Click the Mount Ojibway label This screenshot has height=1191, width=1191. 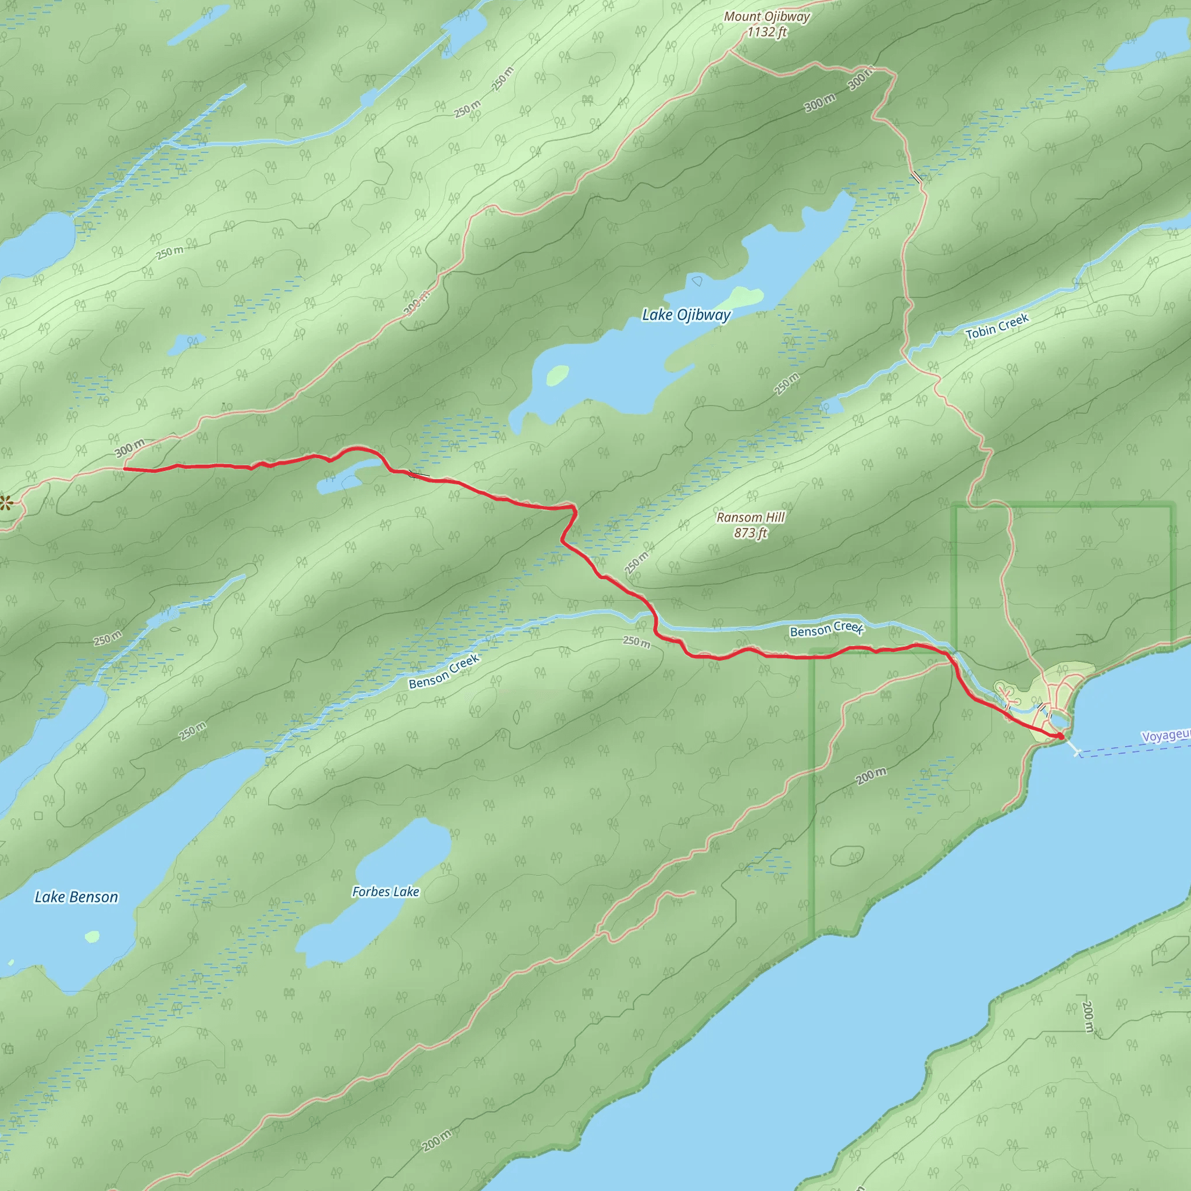click(x=766, y=17)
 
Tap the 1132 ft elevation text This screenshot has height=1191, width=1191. click(x=766, y=32)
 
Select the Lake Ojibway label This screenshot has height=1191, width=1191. click(x=686, y=315)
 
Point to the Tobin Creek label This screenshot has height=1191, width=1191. click(x=997, y=327)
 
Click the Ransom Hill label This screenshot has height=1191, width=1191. click(x=750, y=517)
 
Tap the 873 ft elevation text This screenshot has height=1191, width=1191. click(x=750, y=533)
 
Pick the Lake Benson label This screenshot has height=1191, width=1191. click(x=76, y=897)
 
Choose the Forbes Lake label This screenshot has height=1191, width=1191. click(x=386, y=892)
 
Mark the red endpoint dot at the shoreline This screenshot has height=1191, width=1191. click(x=1060, y=736)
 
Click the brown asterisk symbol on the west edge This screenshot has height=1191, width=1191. click(x=6, y=503)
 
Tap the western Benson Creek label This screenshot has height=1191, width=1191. click(x=444, y=671)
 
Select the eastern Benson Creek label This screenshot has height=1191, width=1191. click(x=827, y=629)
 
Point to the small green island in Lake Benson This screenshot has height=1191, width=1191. click(x=92, y=937)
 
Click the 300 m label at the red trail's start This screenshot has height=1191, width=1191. click(x=130, y=448)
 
